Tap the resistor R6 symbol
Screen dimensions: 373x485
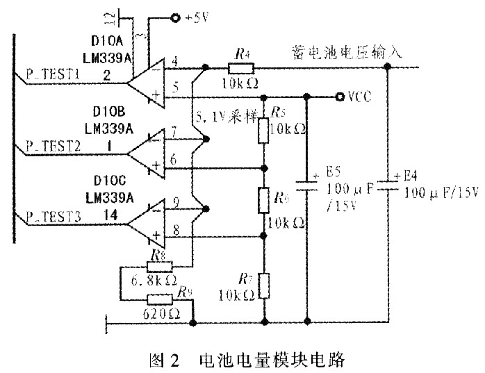[264, 201]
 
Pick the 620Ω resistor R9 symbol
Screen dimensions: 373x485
[158, 299]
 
